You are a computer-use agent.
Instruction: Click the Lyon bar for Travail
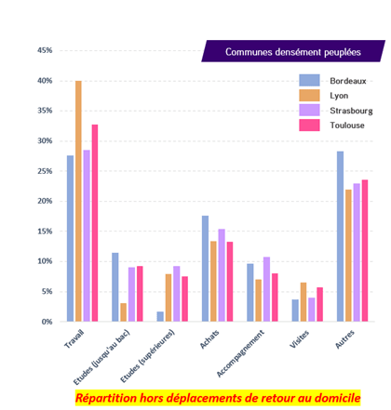78,201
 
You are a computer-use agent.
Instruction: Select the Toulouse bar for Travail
95,223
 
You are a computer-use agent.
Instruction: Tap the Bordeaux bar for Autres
341,236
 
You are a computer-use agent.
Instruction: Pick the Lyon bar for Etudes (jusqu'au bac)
124,312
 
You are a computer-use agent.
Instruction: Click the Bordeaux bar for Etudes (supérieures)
160,316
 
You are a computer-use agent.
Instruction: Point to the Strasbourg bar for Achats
222,275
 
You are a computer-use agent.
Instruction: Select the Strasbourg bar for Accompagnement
266,289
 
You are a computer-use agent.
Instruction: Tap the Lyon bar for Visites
303,302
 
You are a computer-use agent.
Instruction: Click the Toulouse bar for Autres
365,251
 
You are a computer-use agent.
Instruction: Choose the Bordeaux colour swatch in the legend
309,80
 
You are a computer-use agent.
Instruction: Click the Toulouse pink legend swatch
309,126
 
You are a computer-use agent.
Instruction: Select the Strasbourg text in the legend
351,111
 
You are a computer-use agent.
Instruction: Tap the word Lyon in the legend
339,96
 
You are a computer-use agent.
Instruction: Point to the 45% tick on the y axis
45,50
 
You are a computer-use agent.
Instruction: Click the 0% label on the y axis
47,322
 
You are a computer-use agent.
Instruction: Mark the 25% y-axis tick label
45,171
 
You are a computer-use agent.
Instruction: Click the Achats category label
209,339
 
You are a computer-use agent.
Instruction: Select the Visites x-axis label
300,339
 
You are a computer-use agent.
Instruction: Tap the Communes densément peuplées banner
293,51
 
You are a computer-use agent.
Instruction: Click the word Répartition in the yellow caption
106,398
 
